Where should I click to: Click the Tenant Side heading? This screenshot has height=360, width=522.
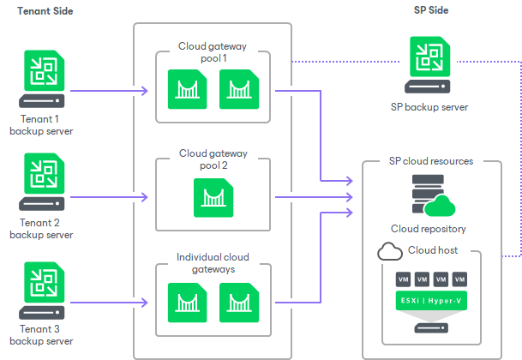tap(45, 10)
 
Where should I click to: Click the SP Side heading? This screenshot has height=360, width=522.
tap(430, 10)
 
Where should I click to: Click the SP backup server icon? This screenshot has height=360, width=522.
tap(429, 67)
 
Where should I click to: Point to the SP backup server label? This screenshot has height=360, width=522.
tap(429, 106)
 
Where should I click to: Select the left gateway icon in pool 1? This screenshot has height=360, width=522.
tap(187, 88)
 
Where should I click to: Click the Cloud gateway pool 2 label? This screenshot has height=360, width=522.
tap(213, 159)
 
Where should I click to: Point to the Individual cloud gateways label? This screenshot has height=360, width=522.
tap(213, 262)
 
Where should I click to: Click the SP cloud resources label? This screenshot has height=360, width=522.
tap(431, 160)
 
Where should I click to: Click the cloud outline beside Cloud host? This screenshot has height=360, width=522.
tap(390, 251)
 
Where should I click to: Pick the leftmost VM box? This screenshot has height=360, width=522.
tap(402, 280)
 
